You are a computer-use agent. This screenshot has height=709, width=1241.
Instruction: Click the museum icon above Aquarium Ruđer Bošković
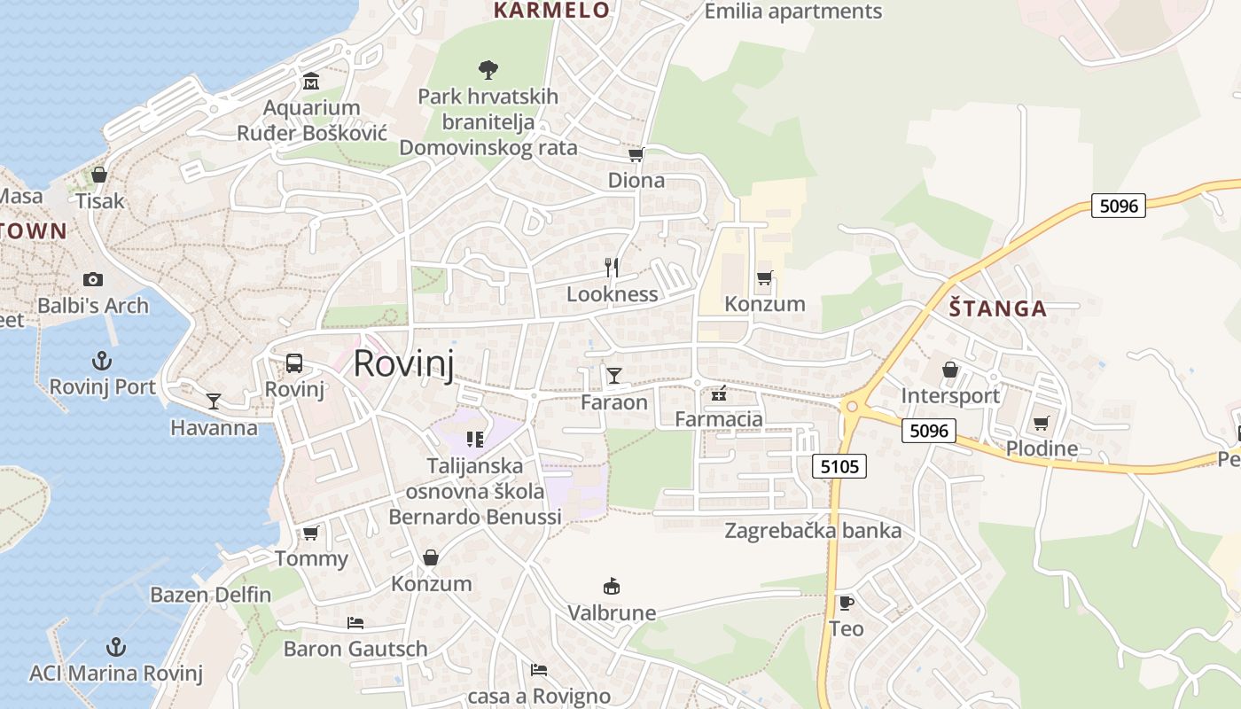coord(311,82)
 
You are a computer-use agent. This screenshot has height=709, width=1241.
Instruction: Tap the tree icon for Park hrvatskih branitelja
coord(488,69)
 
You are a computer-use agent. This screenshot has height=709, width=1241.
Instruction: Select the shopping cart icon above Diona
coord(636,155)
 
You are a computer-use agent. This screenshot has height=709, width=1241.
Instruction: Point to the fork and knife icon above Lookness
coord(612,268)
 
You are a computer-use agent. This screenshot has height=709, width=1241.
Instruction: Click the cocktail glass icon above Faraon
coord(613,376)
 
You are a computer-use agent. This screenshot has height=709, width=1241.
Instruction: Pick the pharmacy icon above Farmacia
coord(719,393)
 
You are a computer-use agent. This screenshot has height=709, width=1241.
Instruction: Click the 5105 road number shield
coord(839,465)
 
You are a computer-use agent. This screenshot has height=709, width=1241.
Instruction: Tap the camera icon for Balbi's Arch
coord(93,280)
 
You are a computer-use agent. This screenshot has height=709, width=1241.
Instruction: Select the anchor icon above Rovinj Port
coord(103,361)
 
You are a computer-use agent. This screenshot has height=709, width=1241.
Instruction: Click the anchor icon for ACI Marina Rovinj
coord(115,647)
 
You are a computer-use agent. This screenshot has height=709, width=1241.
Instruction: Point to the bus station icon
coord(294,363)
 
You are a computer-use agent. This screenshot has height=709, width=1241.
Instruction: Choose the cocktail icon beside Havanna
coord(214,401)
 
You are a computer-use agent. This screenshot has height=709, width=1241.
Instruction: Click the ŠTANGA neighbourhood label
coord(998,309)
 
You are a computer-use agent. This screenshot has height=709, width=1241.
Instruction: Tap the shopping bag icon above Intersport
coord(950,370)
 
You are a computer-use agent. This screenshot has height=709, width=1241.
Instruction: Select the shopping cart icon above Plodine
coord(1042,423)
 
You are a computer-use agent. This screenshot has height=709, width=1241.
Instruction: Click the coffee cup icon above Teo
coord(847,603)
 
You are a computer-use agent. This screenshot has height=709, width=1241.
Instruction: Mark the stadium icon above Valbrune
coord(612,586)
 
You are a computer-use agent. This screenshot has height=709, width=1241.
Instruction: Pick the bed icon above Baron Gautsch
coord(355,623)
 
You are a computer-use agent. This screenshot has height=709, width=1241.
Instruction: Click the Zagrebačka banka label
coord(813,531)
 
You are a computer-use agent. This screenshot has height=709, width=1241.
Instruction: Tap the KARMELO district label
coord(551,11)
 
